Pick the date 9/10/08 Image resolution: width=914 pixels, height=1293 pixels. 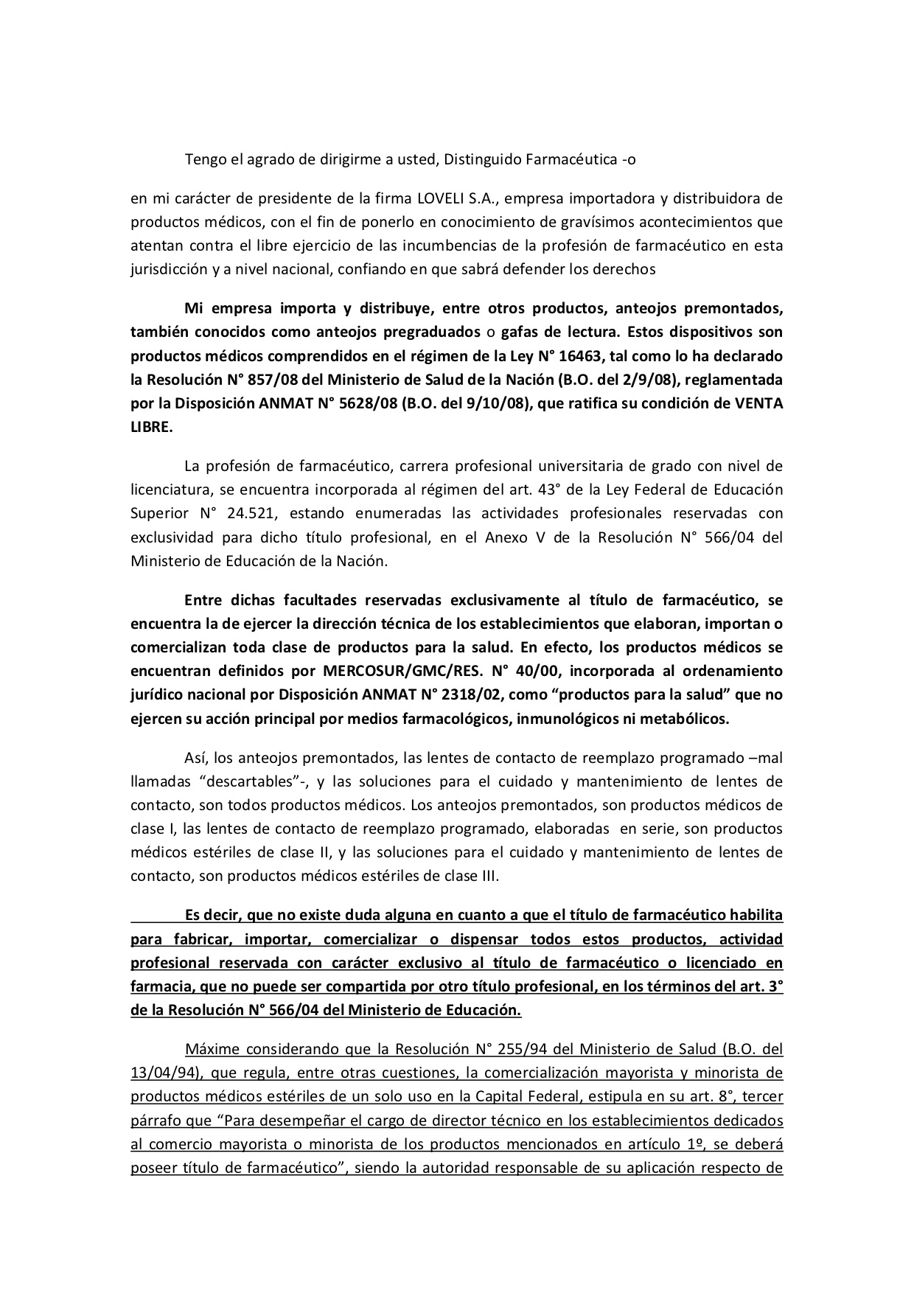pyautogui.click(x=494, y=404)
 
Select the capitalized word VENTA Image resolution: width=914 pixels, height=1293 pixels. pyautogui.click(x=756, y=404)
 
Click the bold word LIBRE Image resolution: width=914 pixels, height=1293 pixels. pyautogui.click(x=151, y=428)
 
